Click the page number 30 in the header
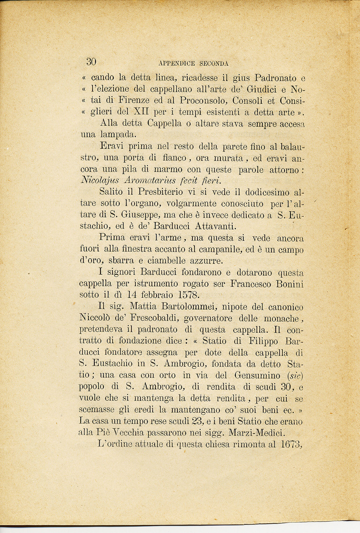tap(91, 62)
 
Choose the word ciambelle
tap(165, 261)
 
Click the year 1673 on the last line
tap(291, 444)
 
